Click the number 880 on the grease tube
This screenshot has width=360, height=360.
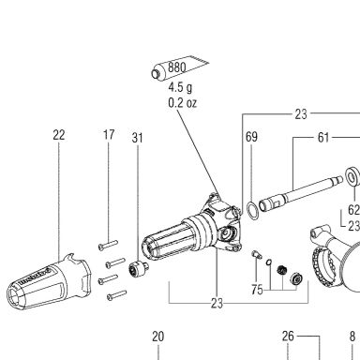176,67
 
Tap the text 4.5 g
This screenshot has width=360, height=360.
180,87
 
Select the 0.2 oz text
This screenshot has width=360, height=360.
183,103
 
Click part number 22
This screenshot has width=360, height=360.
59,135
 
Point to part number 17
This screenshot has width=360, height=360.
109,135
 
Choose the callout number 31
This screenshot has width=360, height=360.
137,138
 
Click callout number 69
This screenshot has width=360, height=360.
251,137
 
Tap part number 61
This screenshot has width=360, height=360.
323,138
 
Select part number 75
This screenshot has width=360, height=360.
257,290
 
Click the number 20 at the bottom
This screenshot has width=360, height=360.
157,337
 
